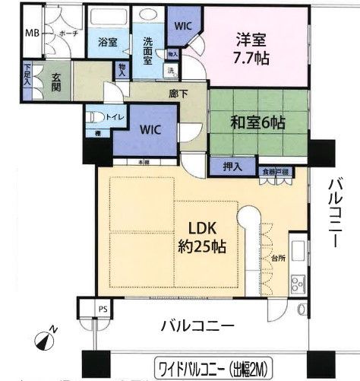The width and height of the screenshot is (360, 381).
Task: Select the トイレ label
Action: (x=115, y=119)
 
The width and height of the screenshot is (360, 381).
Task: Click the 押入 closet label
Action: (x=233, y=167)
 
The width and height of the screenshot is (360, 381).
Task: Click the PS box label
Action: (x=103, y=308)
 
